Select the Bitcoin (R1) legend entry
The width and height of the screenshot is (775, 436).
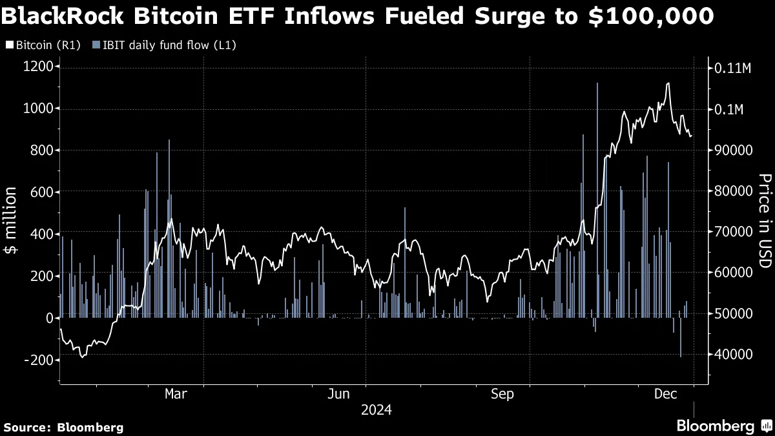pos(43,45)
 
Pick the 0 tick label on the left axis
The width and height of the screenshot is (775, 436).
pos(49,318)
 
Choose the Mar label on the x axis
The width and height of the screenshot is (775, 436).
pos(176,394)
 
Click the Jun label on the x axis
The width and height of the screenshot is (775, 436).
pos(339,394)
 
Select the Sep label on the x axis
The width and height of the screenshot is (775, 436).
pos(502,394)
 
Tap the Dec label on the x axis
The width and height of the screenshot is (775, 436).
pos(665,394)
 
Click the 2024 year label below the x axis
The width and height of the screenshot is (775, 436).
pos(376,410)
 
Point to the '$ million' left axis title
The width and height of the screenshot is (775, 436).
pos(11,222)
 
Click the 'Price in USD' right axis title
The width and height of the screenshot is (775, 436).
pos(764,221)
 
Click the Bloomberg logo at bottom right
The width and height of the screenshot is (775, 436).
pos(723,426)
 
